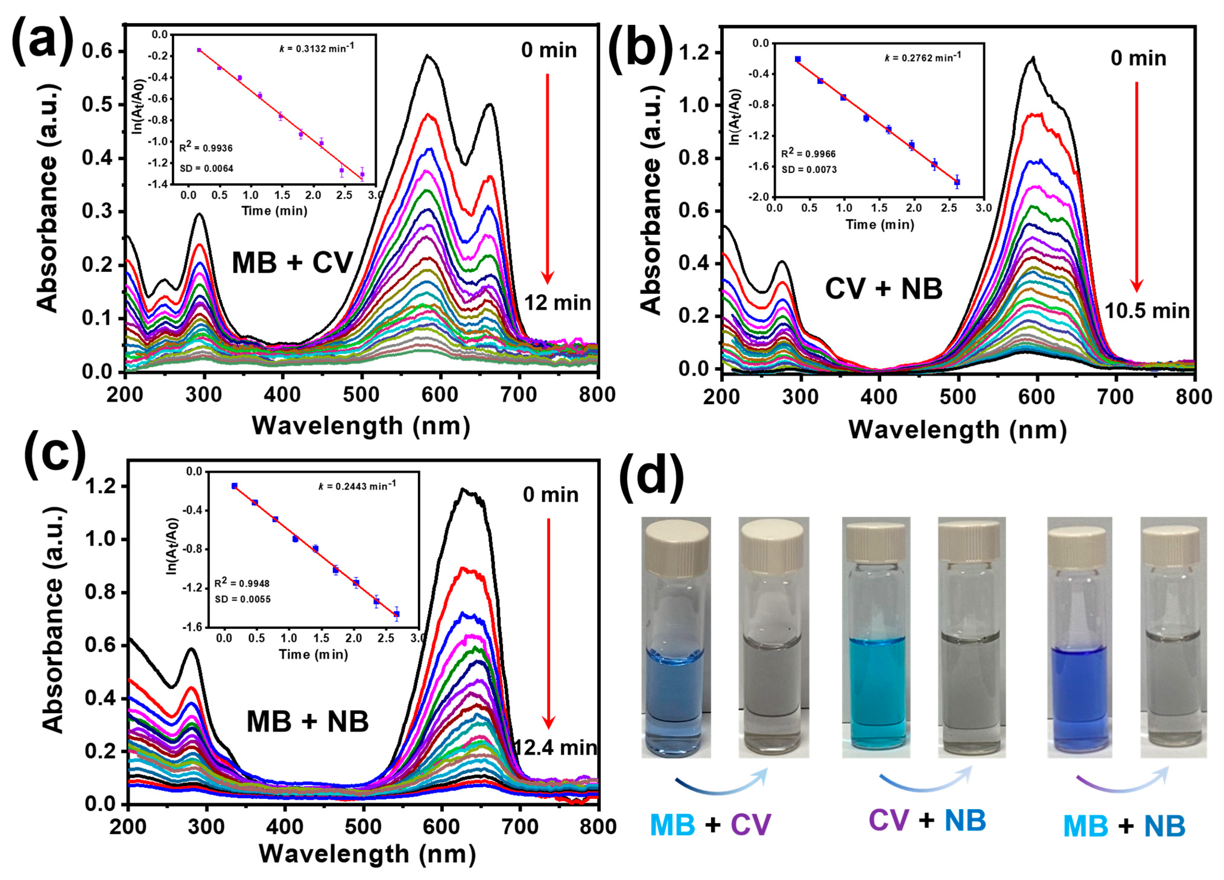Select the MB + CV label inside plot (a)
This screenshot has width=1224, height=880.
(x=292, y=264)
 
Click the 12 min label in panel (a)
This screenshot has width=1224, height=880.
(x=558, y=303)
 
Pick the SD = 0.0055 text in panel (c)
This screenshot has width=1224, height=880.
(x=243, y=599)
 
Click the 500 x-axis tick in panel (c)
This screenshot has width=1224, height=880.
(x=363, y=827)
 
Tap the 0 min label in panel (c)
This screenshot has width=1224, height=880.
(x=550, y=495)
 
